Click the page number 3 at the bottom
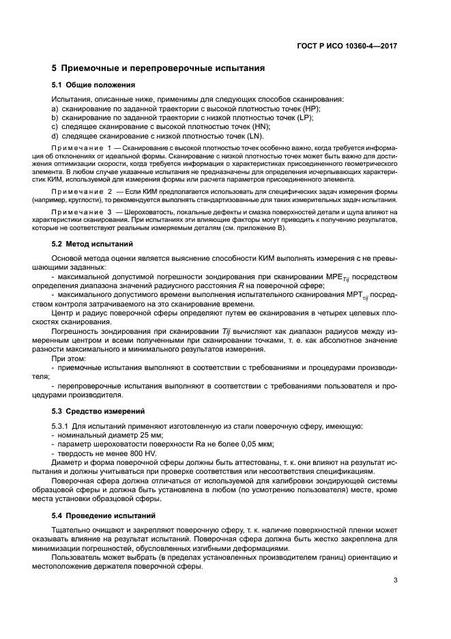pos(395,581)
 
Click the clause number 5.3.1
pos(63,426)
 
